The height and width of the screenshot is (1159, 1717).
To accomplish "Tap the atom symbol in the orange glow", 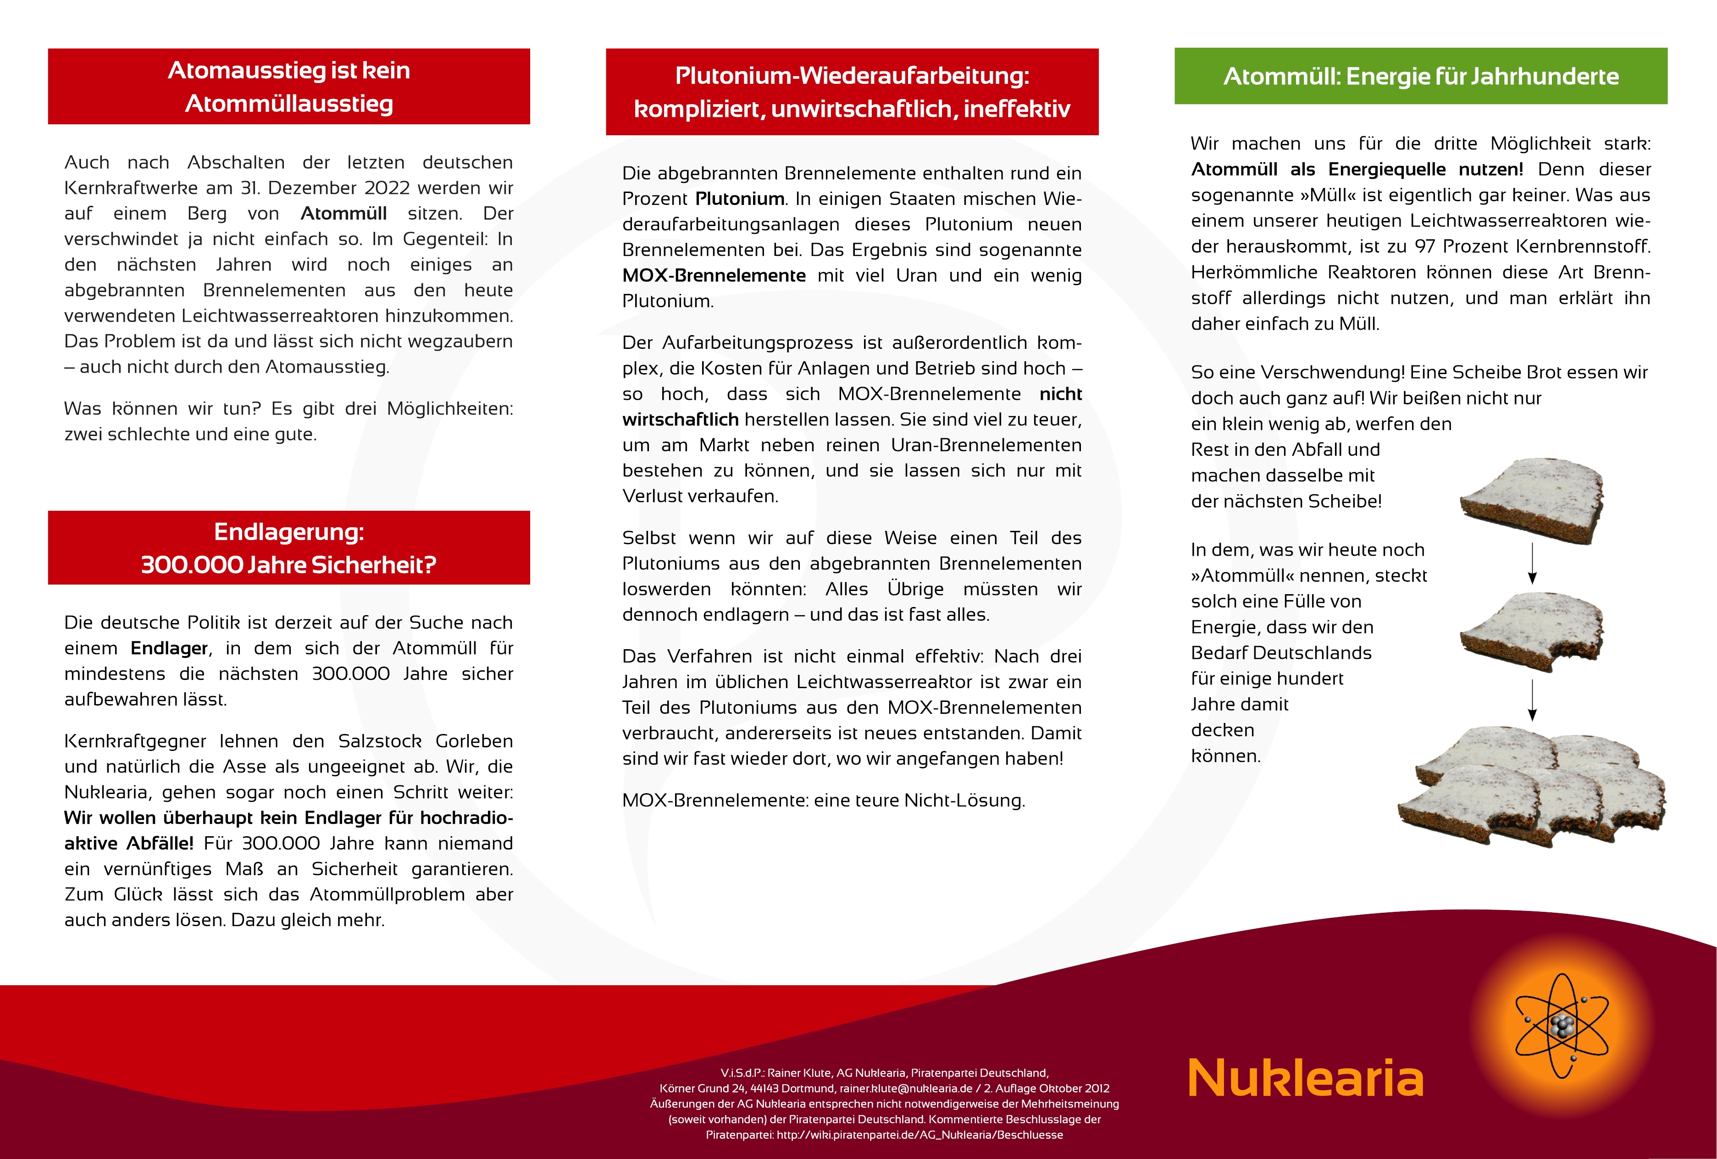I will point(1561,1025).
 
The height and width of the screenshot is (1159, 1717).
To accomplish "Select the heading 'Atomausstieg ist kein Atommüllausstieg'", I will point(289,87).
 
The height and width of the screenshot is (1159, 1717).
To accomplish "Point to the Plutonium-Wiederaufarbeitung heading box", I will point(852,92).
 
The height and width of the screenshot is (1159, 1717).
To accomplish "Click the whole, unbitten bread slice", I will point(1532,500).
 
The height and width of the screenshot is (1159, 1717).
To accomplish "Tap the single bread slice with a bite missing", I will point(1532,632).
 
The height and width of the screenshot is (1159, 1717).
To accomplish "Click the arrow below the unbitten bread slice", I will point(1532,563).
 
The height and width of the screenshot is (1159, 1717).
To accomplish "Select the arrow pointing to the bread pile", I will point(1532,700).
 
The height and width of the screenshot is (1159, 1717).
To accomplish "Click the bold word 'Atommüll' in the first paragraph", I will point(343,214).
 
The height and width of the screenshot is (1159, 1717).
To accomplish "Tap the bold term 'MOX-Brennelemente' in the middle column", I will point(714,276).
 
